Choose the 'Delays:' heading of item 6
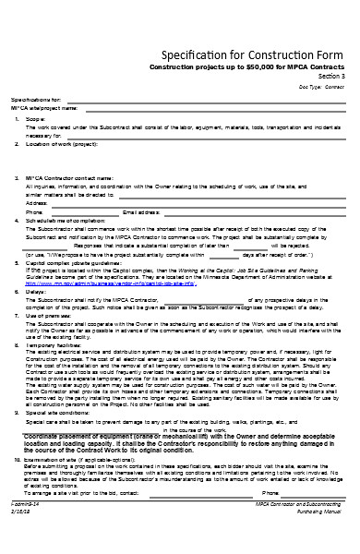pyautogui.click(x=34, y=292)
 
